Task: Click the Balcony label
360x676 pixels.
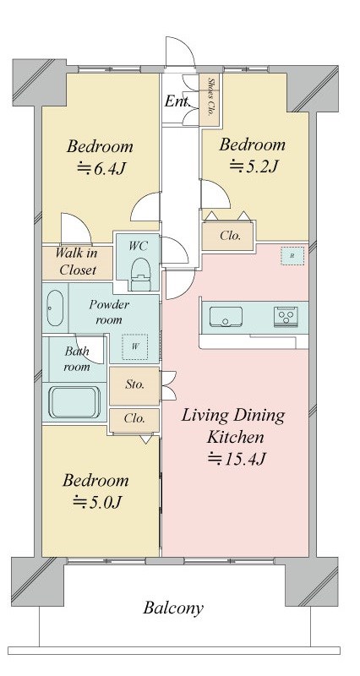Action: (173, 608)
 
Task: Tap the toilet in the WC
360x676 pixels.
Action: (139, 275)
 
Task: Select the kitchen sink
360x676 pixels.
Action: (226, 317)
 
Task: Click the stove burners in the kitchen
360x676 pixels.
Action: (286, 317)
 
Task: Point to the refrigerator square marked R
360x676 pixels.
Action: (292, 256)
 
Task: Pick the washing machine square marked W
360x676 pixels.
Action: (135, 346)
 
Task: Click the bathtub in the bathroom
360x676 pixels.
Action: (74, 403)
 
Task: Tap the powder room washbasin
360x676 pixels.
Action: (55, 308)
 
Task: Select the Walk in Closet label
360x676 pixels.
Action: (77, 261)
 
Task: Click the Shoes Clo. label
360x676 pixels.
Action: (211, 97)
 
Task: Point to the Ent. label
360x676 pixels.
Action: (177, 101)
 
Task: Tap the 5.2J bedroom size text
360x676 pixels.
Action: (253, 166)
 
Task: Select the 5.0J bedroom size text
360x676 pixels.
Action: (97, 502)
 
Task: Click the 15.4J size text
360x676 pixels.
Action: (236, 459)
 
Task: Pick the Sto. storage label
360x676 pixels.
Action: (135, 384)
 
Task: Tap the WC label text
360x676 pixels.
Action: (139, 246)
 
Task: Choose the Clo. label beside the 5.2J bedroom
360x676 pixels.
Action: (230, 236)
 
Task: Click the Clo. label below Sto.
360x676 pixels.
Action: (134, 418)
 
